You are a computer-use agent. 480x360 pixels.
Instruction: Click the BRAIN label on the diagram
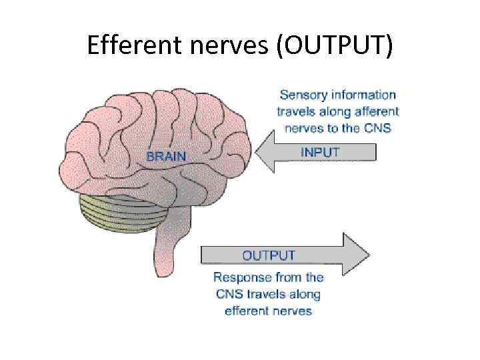[167, 156]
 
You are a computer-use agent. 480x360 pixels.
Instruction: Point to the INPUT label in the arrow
[320, 152]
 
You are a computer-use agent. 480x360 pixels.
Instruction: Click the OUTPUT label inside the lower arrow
[269, 255]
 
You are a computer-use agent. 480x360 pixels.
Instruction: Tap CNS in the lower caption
[228, 294]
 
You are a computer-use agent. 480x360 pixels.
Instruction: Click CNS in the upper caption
[378, 128]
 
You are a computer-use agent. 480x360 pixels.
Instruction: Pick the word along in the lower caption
[305, 294]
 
